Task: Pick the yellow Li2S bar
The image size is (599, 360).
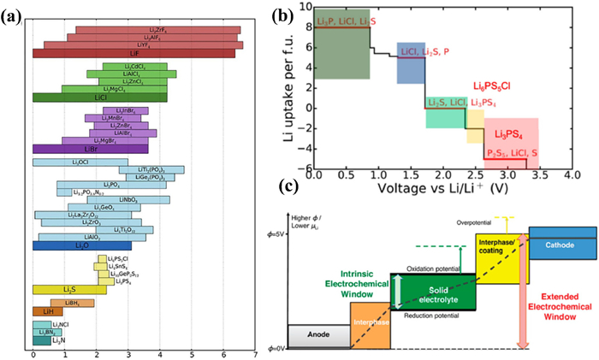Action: click(x=69, y=289)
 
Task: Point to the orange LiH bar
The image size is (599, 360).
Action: click(x=42, y=311)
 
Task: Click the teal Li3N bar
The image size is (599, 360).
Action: click(x=41, y=341)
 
